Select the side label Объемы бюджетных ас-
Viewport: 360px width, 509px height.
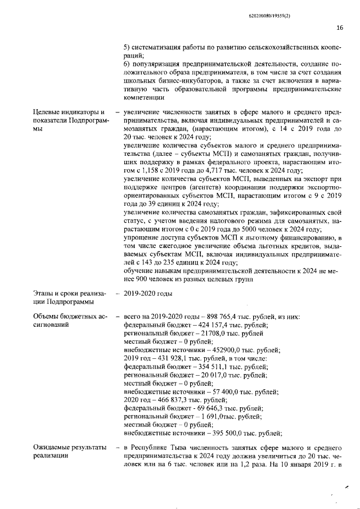(68, 317)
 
